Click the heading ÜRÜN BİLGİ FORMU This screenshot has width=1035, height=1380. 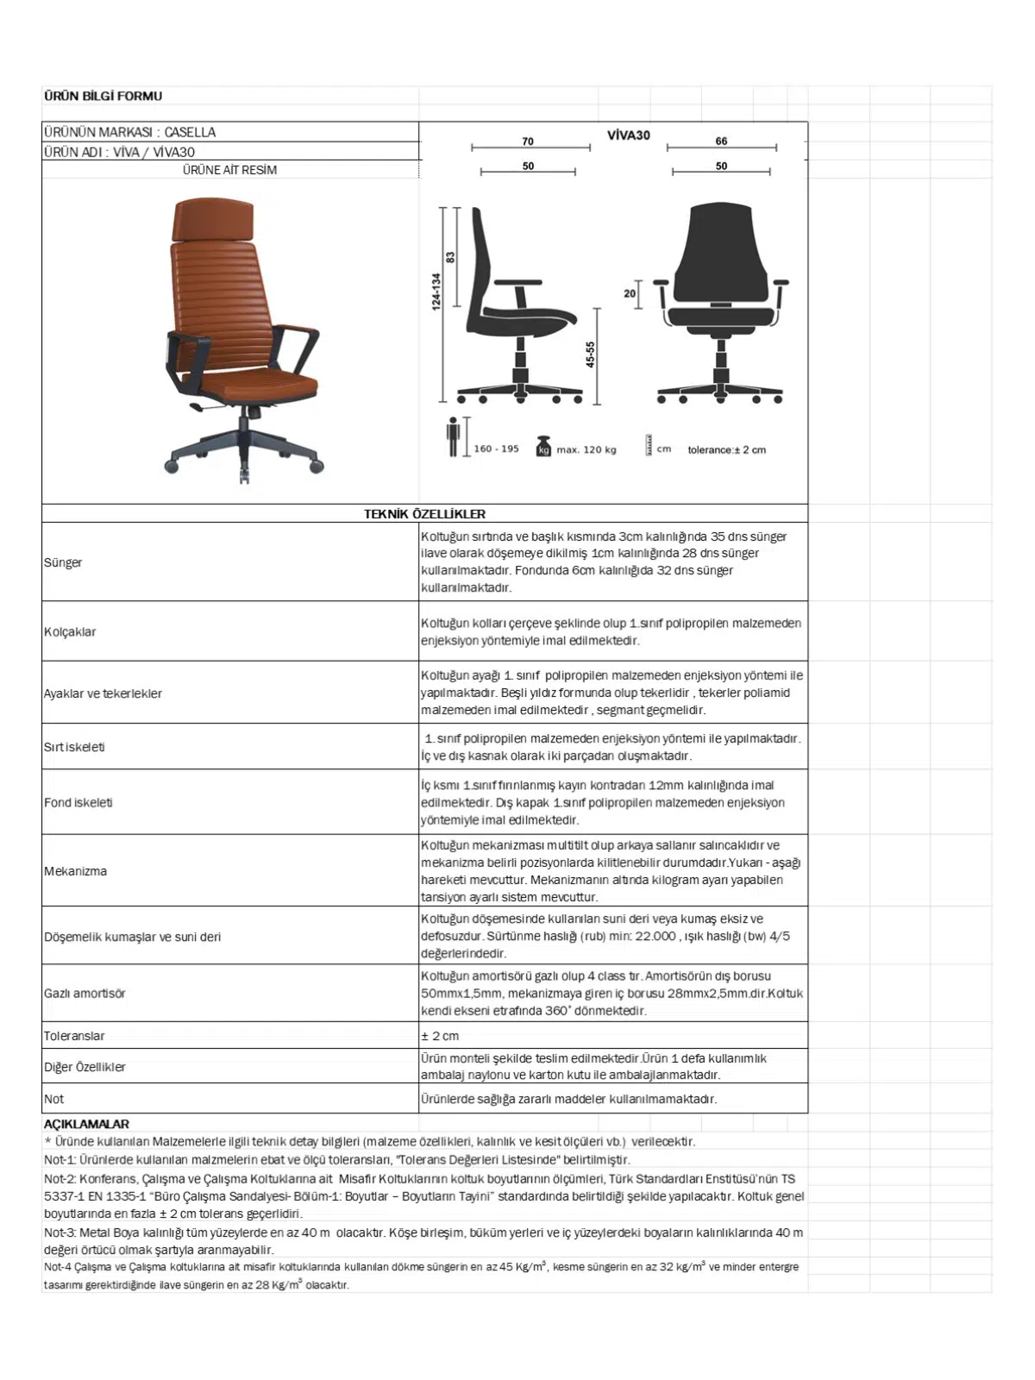pos(103,96)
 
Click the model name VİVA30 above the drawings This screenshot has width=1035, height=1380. pos(628,135)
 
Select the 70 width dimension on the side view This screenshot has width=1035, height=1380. pos(528,141)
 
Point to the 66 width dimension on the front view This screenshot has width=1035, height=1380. pos(721,141)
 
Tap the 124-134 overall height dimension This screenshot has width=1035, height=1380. pos(436,292)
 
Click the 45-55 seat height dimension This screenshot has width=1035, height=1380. pos(591,354)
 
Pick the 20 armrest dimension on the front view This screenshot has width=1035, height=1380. pos(630,293)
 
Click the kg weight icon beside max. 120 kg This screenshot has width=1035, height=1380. pos(543,448)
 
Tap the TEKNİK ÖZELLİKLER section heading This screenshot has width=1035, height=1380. pos(424,514)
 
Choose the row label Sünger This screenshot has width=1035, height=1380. pos(63,562)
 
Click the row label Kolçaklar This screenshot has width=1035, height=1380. pos(70,631)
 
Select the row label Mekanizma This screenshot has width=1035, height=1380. pos(76,871)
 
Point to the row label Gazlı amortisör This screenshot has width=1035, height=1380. pos(85,993)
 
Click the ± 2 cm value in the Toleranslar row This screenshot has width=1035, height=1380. pos(440,1036)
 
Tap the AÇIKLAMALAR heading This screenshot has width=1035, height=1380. pos(86,1124)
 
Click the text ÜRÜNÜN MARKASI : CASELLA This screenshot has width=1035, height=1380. pos(129,132)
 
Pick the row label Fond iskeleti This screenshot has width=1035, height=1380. pos(78,802)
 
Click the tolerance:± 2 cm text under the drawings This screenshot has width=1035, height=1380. pos(726,449)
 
